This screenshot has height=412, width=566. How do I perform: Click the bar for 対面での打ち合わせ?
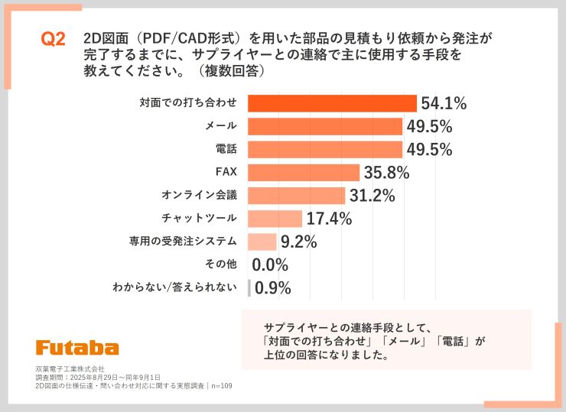pos(332,103)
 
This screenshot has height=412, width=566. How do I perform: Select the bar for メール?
pos(325,126)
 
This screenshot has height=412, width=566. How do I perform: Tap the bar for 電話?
pos(325,149)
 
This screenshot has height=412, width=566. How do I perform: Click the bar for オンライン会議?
pos(297,196)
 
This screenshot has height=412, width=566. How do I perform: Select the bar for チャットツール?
pos(275,219)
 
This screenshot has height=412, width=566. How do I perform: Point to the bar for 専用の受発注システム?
pos(262,242)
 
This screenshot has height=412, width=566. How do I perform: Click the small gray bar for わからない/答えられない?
pos(249,288)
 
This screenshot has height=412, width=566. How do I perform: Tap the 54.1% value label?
pos(444,103)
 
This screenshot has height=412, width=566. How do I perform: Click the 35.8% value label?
pos(387,173)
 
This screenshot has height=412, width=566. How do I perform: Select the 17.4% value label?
pos(330,219)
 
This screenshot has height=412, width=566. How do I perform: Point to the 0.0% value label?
pos(270,265)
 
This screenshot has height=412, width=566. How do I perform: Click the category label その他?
pos(221,265)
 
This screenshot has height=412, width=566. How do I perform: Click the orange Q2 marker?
pos(53,41)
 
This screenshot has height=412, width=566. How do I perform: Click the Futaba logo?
pos(77,347)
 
